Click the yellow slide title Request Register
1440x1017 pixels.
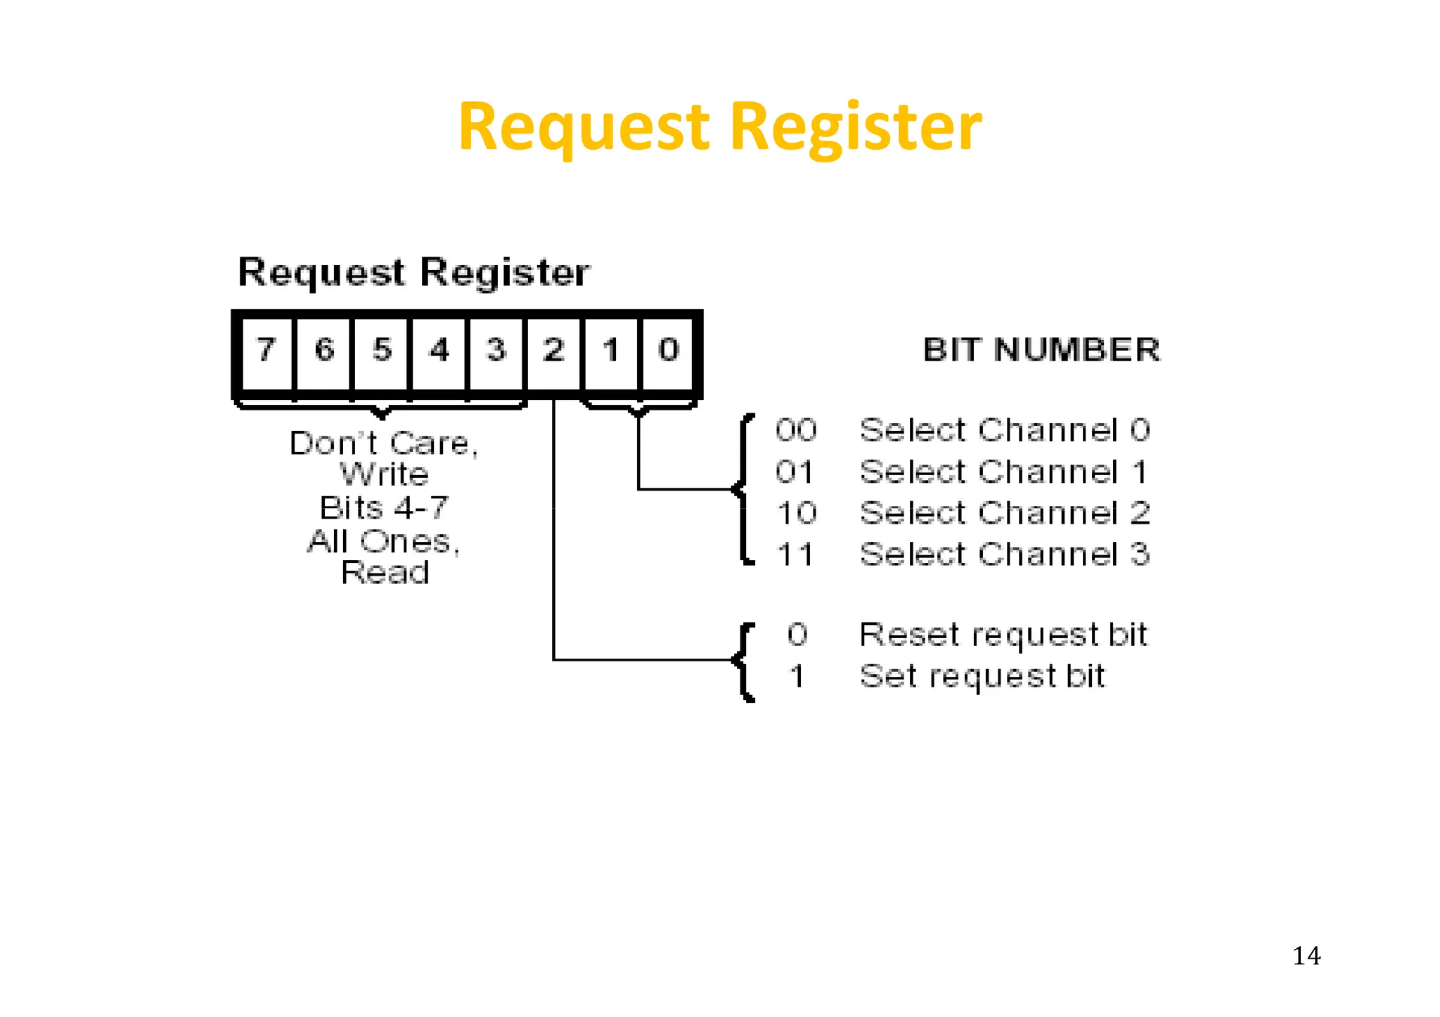coord(719,127)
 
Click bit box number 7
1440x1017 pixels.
coord(266,350)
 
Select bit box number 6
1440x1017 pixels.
coord(324,350)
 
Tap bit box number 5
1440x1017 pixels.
coord(382,350)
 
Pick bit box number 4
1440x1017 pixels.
coord(439,350)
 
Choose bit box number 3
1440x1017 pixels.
coord(496,350)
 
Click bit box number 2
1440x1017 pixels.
coord(554,350)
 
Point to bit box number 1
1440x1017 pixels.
coord(611,350)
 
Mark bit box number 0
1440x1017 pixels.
coord(669,350)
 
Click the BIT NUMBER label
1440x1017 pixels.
coord(1041,350)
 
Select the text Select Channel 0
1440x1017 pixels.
coord(1005,430)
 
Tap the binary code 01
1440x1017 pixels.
coord(795,472)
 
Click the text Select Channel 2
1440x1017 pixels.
coord(1005,513)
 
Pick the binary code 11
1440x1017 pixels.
coord(795,555)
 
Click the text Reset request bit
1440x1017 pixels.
coord(1003,635)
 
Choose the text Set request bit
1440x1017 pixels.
coord(982,676)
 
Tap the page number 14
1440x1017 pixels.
coord(1306,956)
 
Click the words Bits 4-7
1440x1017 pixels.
coord(384,507)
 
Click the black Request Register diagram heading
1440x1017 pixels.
coord(414,273)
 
